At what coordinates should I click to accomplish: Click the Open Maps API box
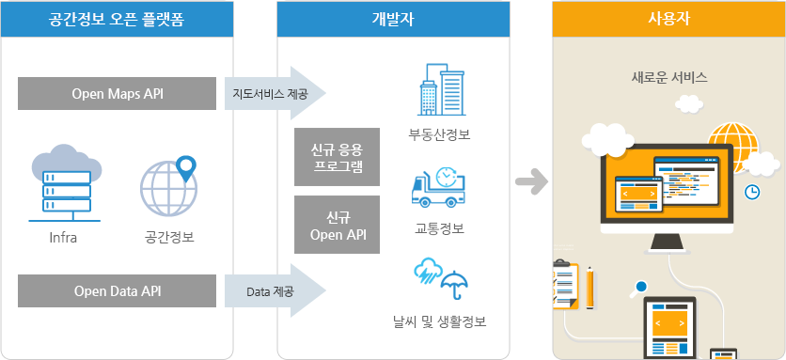118,94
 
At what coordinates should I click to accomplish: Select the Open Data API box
118,291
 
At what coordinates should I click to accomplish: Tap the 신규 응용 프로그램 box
337,157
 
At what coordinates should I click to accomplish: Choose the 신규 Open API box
337,225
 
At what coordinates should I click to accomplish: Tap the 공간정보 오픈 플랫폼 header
118,19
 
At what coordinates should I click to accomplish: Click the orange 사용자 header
668,19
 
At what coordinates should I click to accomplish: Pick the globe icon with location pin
169,184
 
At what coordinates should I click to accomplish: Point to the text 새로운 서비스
668,78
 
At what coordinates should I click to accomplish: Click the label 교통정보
440,228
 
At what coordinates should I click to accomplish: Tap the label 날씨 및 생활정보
440,321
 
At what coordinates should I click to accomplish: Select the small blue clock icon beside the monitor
753,192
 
